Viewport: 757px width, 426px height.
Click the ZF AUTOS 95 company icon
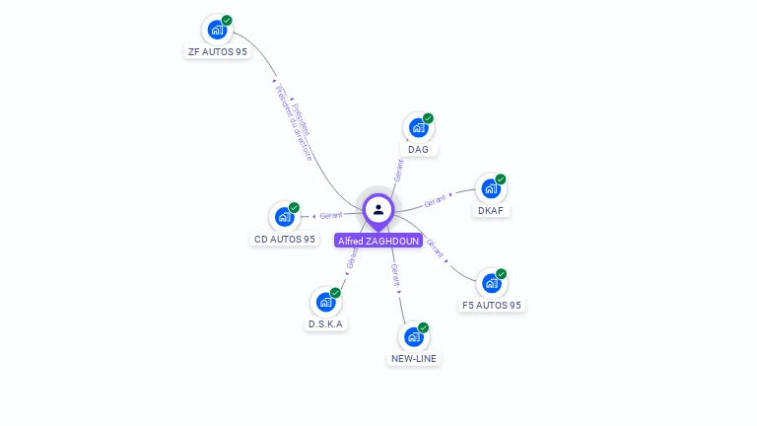click(x=217, y=30)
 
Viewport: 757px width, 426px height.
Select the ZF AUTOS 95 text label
click(x=217, y=52)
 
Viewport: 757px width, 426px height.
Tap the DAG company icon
click(x=419, y=127)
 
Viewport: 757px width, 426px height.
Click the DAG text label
click(x=418, y=150)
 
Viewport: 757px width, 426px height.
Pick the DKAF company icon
click(x=491, y=188)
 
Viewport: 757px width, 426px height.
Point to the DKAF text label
click(x=490, y=211)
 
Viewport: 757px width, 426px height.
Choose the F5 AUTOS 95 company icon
click(x=492, y=283)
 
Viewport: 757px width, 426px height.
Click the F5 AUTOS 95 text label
click(x=492, y=306)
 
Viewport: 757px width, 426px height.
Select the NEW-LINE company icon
click(x=414, y=336)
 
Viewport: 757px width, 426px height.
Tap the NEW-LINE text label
click(x=414, y=359)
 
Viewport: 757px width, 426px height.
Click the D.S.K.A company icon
click(x=326, y=302)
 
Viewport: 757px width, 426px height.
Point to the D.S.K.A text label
click(x=326, y=324)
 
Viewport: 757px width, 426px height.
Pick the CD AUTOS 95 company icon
click(x=285, y=216)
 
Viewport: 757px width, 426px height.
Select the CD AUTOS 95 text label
click(x=285, y=240)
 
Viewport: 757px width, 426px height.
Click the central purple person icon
click(x=378, y=209)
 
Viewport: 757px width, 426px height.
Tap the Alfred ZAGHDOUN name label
click(x=378, y=241)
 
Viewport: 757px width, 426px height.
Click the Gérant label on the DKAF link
click(x=435, y=201)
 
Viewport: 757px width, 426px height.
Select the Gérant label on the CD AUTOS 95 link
click(x=331, y=215)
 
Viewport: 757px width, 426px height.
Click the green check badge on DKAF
click(x=501, y=179)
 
